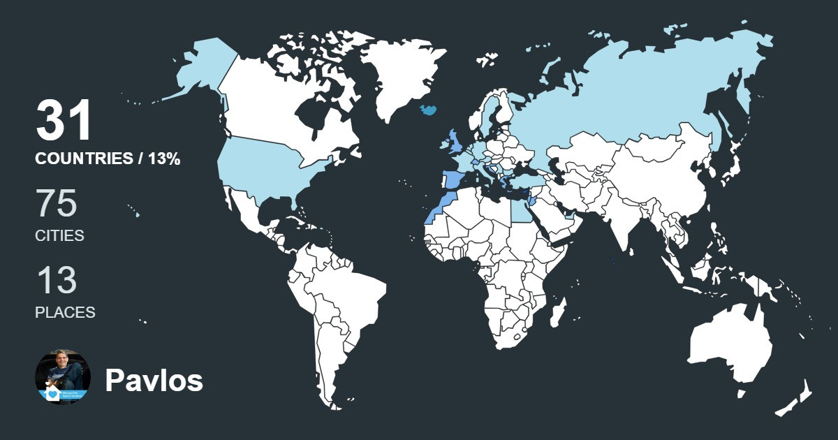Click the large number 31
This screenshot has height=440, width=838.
point(64,121)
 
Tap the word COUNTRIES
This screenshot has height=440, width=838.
point(84,159)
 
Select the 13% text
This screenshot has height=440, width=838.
point(164,159)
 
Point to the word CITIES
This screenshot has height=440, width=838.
point(59,236)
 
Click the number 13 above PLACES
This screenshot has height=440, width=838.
point(56,281)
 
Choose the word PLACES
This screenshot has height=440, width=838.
point(65,313)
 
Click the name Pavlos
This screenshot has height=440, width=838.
point(154,381)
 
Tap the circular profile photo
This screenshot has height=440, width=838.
point(63,377)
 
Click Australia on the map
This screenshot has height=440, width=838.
point(730,342)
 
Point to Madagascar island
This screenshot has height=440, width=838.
point(557,316)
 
